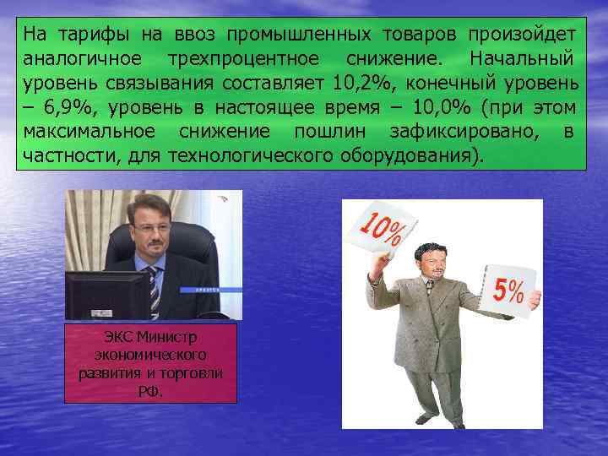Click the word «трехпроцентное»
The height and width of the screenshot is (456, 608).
click(243, 60)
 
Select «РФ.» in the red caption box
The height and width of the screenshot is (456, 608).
click(150, 391)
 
